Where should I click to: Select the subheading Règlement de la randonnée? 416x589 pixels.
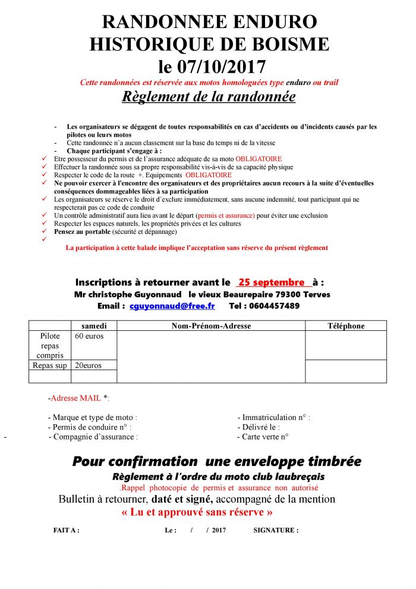coord(209,96)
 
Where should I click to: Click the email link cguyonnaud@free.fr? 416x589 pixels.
coord(172,306)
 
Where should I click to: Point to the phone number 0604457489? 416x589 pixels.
coord(273,306)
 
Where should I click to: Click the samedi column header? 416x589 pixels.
coord(94,325)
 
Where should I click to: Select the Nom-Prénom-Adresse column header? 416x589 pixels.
coord(211,325)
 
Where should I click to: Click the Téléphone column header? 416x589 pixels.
coord(346,325)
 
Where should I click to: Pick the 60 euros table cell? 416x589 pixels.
coord(89,336)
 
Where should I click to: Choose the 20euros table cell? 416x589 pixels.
coord(88,365)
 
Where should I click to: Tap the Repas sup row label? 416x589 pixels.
coord(49,365)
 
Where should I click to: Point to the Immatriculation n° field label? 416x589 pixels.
coord(273,418)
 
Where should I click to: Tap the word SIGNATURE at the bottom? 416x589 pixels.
coord(276,530)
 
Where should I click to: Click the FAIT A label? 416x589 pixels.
coord(66,530)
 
